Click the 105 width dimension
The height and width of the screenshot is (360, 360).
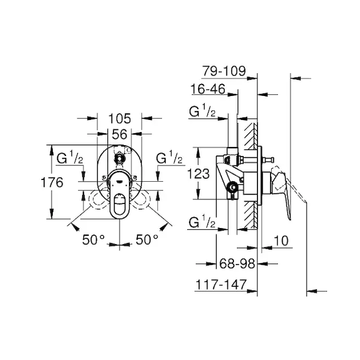tap(119, 119)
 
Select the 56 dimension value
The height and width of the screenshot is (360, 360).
tap(119, 134)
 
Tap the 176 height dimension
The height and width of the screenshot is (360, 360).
tap(52, 183)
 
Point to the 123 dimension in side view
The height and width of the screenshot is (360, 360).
tap(199, 173)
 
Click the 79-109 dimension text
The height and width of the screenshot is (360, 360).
tap(224, 71)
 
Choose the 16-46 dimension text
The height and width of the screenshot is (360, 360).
tap(208, 89)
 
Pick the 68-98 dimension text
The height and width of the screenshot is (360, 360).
tap(237, 263)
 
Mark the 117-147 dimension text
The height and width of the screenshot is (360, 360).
tap(221, 284)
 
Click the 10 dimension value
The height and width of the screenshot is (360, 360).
tap(281, 241)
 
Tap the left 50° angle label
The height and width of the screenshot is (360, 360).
tap(94, 239)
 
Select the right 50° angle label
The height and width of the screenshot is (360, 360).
tap(147, 239)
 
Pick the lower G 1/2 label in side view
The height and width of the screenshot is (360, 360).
tap(202, 221)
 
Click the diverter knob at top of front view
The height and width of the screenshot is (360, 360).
tap(119, 158)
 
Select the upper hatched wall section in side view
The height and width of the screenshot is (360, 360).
tap(251, 136)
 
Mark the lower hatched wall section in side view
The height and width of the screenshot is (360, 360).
tap(251, 215)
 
